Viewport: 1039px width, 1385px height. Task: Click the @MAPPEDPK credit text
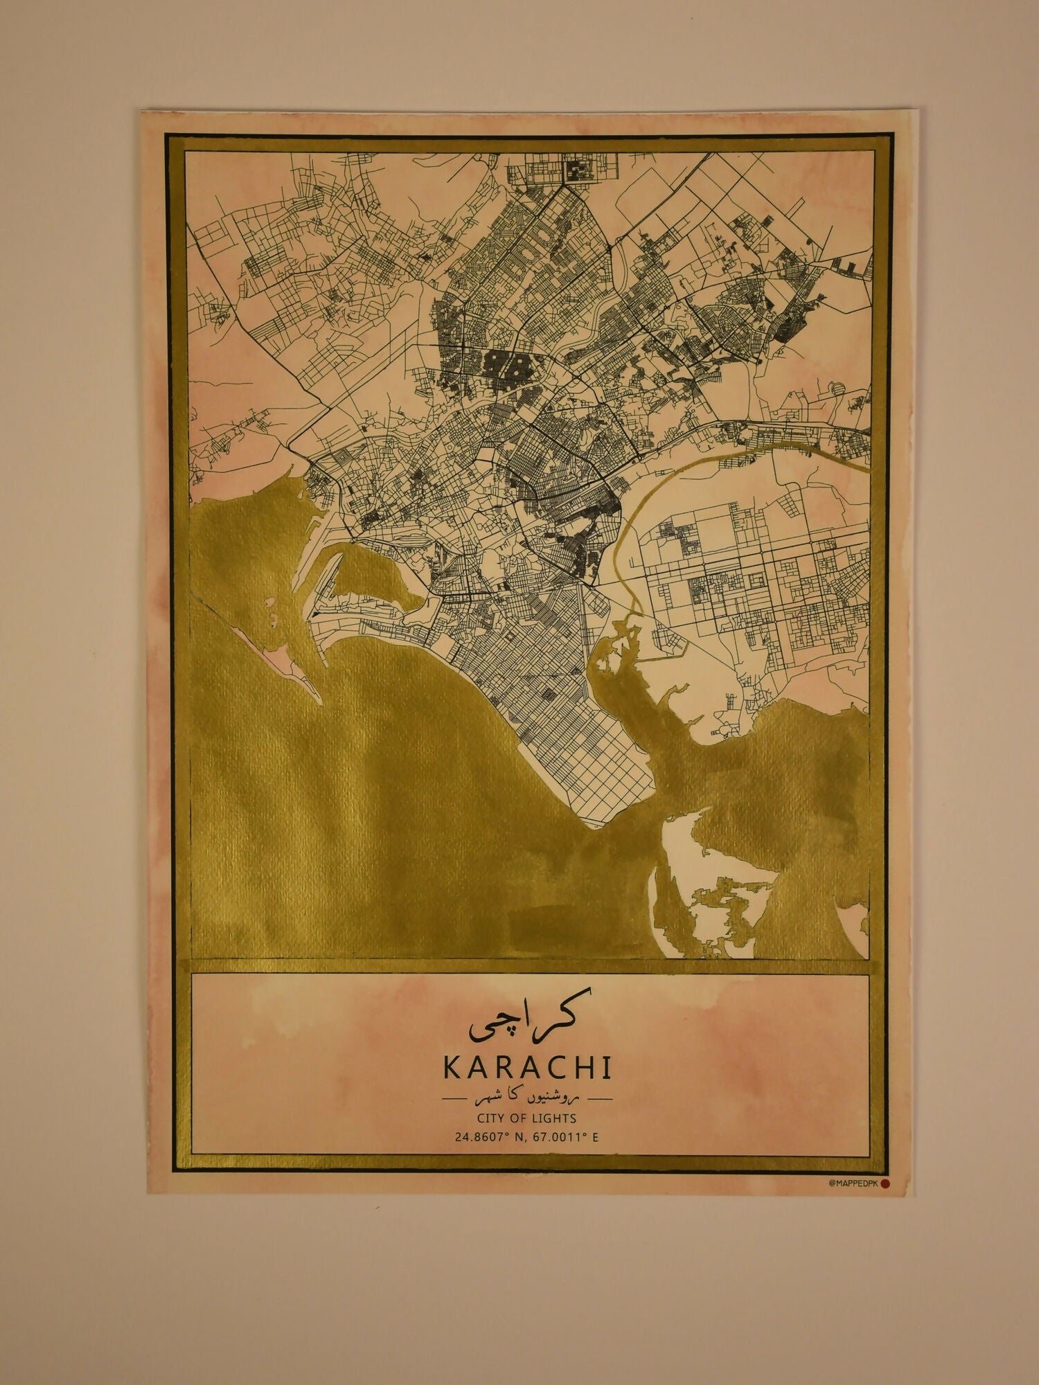coord(853,1183)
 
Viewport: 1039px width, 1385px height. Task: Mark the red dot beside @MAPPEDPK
coord(885,1183)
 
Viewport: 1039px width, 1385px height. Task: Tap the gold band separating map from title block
coord(526,966)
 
